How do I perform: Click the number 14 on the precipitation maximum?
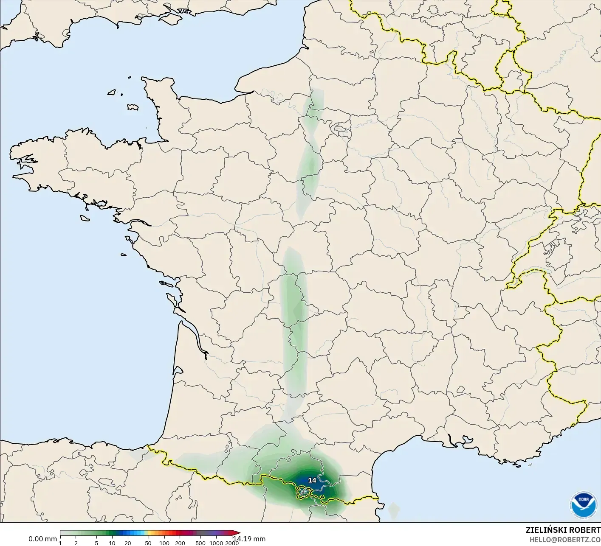(x=312, y=480)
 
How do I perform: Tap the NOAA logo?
(x=584, y=505)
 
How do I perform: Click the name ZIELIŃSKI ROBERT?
(x=563, y=530)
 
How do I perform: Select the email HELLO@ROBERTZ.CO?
(x=565, y=540)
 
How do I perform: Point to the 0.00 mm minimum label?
(x=42, y=539)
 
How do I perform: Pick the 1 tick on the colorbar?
(x=60, y=543)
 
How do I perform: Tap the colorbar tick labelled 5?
(x=96, y=543)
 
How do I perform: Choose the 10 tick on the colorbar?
(x=112, y=543)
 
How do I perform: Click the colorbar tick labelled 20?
(x=128, y=543)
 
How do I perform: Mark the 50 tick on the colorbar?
(x=148, y=543)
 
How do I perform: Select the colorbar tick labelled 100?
(x=164, y=543)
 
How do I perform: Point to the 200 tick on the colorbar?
(x=180, y=543)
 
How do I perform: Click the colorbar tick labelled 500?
(x=200, y=543)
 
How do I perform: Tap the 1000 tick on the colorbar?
(x=216, y=543)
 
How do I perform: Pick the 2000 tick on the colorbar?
(x=231, y=543)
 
